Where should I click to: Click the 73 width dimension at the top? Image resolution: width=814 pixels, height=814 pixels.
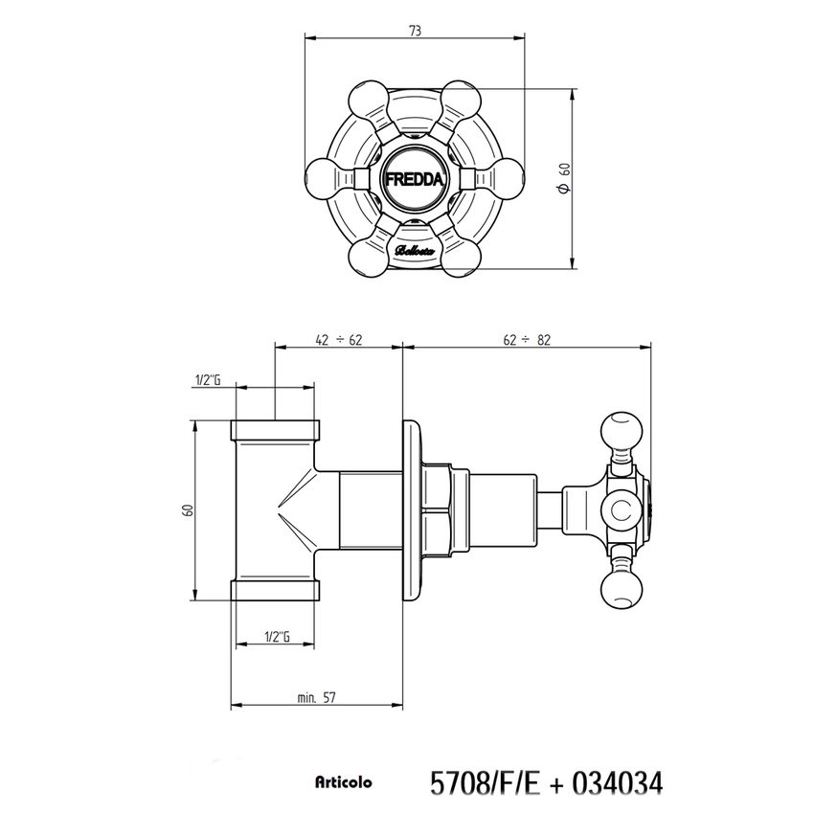(415, 31)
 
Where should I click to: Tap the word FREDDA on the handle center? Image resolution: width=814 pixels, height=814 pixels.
(414, 178)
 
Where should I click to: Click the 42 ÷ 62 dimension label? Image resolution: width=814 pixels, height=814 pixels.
(337, 339)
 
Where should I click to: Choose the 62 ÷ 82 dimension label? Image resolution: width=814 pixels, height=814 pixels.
(526, 339)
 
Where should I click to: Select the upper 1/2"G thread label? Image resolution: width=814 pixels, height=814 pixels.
(207, 380)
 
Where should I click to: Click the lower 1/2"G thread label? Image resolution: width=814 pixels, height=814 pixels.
(276, 636)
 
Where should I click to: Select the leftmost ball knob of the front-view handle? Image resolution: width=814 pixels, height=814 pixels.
(324, 178)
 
